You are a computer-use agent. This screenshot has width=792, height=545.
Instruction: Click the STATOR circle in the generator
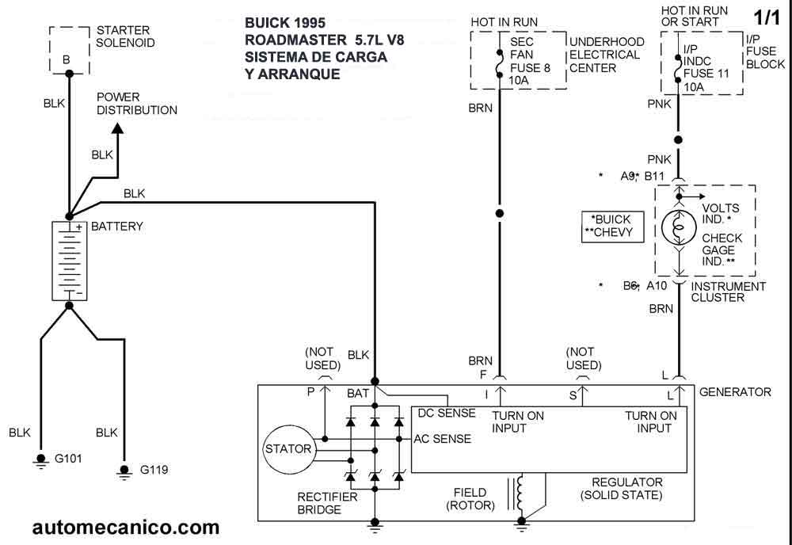[x=288, y=449]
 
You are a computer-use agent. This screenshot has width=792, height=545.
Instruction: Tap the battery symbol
[x=69, y=261]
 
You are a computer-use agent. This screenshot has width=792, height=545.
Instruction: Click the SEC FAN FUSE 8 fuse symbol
[x=499, y=63]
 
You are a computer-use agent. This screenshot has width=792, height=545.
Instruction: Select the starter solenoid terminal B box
[x=67, y=49]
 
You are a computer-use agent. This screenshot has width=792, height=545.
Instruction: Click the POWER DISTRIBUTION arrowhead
[x=116, y=128]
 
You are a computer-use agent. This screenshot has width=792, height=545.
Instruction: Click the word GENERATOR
[x=735, y=392]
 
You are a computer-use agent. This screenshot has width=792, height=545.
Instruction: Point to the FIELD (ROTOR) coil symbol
[x=520, y=493]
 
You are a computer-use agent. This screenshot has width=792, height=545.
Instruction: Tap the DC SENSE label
[x=447, y=413]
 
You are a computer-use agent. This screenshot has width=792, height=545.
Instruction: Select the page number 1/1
[x=767, y=16]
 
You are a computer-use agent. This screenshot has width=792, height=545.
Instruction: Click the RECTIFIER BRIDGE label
[x=327, y=504]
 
